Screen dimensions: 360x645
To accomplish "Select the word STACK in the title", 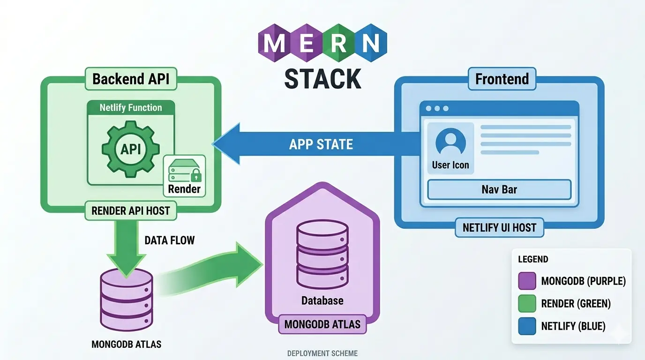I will click(322, 78).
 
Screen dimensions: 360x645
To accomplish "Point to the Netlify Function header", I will click(131, 108).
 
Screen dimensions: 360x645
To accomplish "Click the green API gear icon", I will click(131, 149).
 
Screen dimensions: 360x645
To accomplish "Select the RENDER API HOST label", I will click(130, 210).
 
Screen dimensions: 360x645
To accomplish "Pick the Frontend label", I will click(502, 79).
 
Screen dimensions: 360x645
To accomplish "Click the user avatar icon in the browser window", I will click(450, 142).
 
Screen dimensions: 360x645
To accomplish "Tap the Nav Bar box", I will click(499, 190).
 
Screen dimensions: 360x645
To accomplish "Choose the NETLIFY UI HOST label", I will click(499, 228).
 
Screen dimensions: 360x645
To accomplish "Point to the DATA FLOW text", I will click(169, 240).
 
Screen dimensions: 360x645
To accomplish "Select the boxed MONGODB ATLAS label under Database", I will click(322, 324).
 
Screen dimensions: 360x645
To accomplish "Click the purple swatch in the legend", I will click(527, 281).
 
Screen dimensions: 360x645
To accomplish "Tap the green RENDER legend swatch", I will click(527, 304).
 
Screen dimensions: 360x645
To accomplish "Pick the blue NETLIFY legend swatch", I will click(527, 326).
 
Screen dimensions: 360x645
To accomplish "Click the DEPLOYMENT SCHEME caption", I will click(322, 353).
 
